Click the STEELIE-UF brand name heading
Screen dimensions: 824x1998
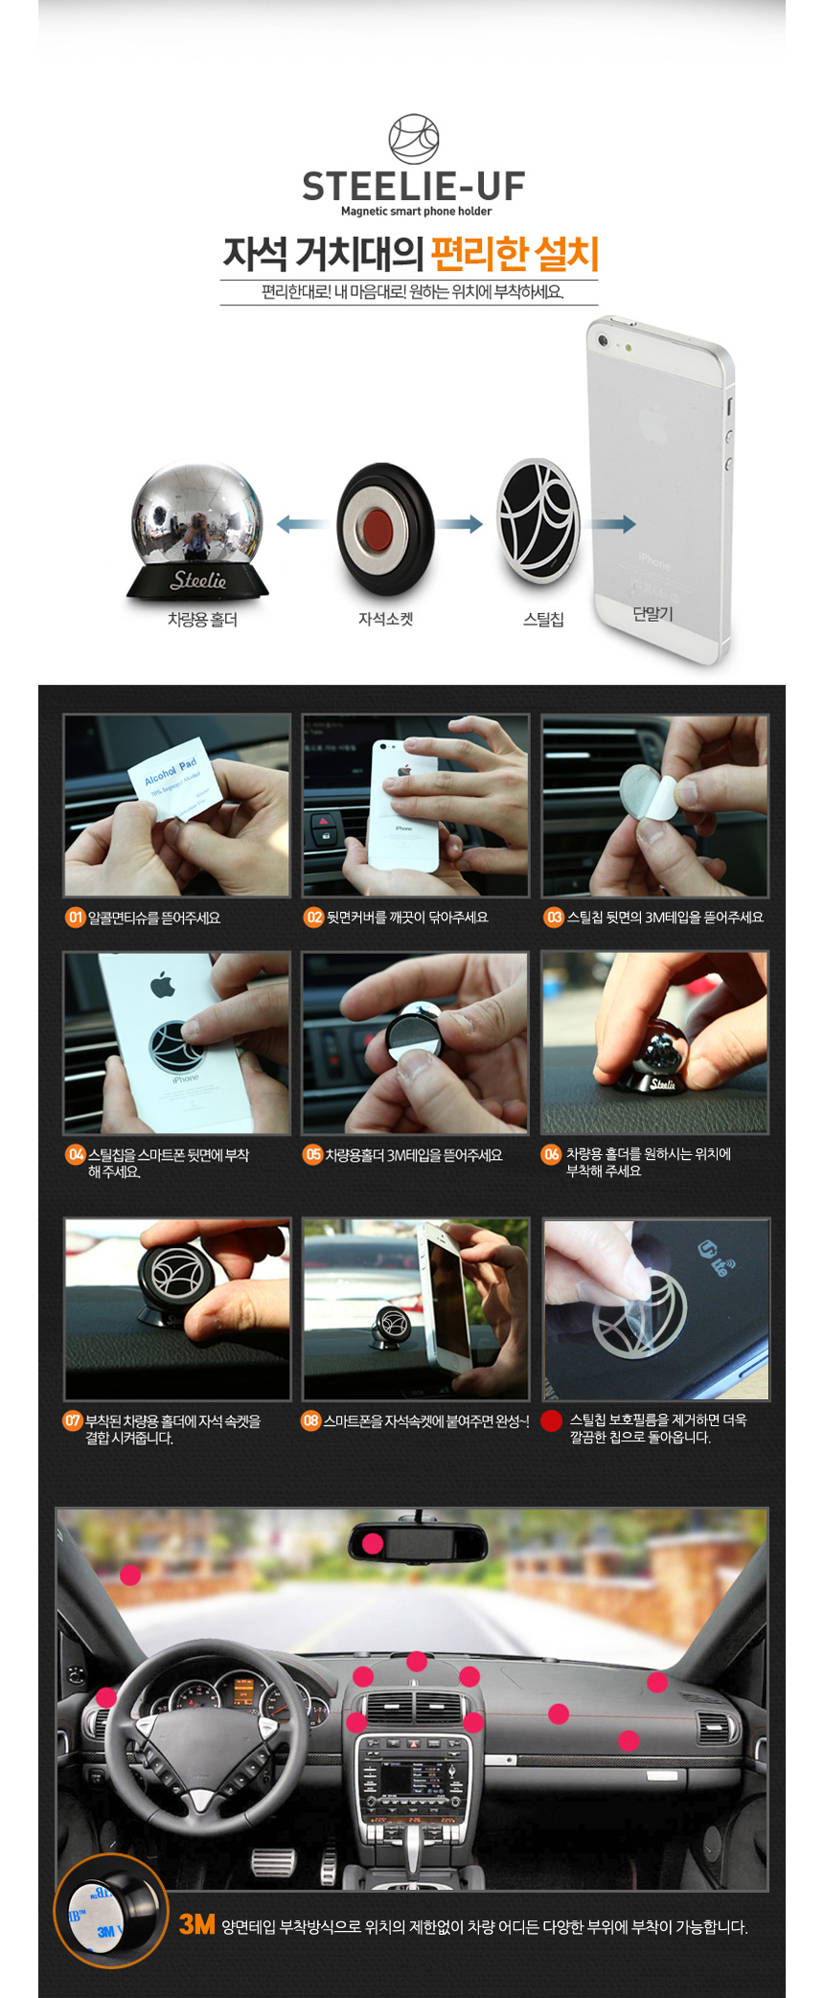(413, 186)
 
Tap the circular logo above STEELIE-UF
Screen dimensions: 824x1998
(413, 140)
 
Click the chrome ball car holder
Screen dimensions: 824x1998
(196, 530)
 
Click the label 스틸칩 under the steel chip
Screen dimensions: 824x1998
(543, 620)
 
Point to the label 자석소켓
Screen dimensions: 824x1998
(385, 620)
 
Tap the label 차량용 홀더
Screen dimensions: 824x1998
(202, 620)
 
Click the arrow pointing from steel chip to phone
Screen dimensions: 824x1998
(612, 523)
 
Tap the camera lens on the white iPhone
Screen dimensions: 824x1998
(603, 341)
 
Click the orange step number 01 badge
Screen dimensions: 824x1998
(76, 918)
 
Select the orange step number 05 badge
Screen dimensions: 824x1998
(313, 1155)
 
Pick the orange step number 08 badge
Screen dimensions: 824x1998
(311, 1420)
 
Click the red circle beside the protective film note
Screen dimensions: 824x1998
(551, 1420)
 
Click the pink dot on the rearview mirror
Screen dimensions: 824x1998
(373, 1543)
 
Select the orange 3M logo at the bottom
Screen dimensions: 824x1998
(197, 1924)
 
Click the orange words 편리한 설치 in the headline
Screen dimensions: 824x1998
(515, 254)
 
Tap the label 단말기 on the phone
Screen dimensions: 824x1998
(652, 614)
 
